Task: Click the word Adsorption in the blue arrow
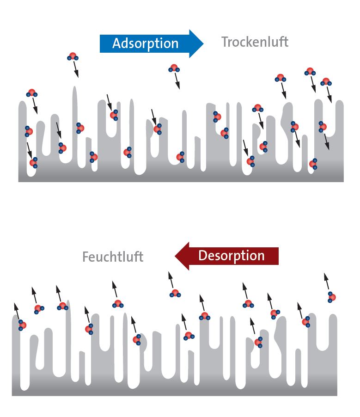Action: [145, 43]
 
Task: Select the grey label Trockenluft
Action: [255, 42]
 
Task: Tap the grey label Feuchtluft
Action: [113, 257]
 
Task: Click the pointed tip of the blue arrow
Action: [202, 43]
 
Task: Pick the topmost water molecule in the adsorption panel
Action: [73, 56]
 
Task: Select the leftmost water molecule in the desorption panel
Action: [22, 325]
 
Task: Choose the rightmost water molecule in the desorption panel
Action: [331, 297]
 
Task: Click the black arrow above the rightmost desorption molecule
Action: [327, 282]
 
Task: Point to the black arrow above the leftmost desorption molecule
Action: [17, 311]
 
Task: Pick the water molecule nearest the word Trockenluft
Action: [280, 78]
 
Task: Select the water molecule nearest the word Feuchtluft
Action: [118, 304]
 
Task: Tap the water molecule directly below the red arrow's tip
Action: [175, 293]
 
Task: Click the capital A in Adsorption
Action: [116, 43]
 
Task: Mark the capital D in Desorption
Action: [202, 256]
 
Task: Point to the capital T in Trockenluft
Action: [225, 42]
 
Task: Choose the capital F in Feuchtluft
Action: [85, 257]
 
